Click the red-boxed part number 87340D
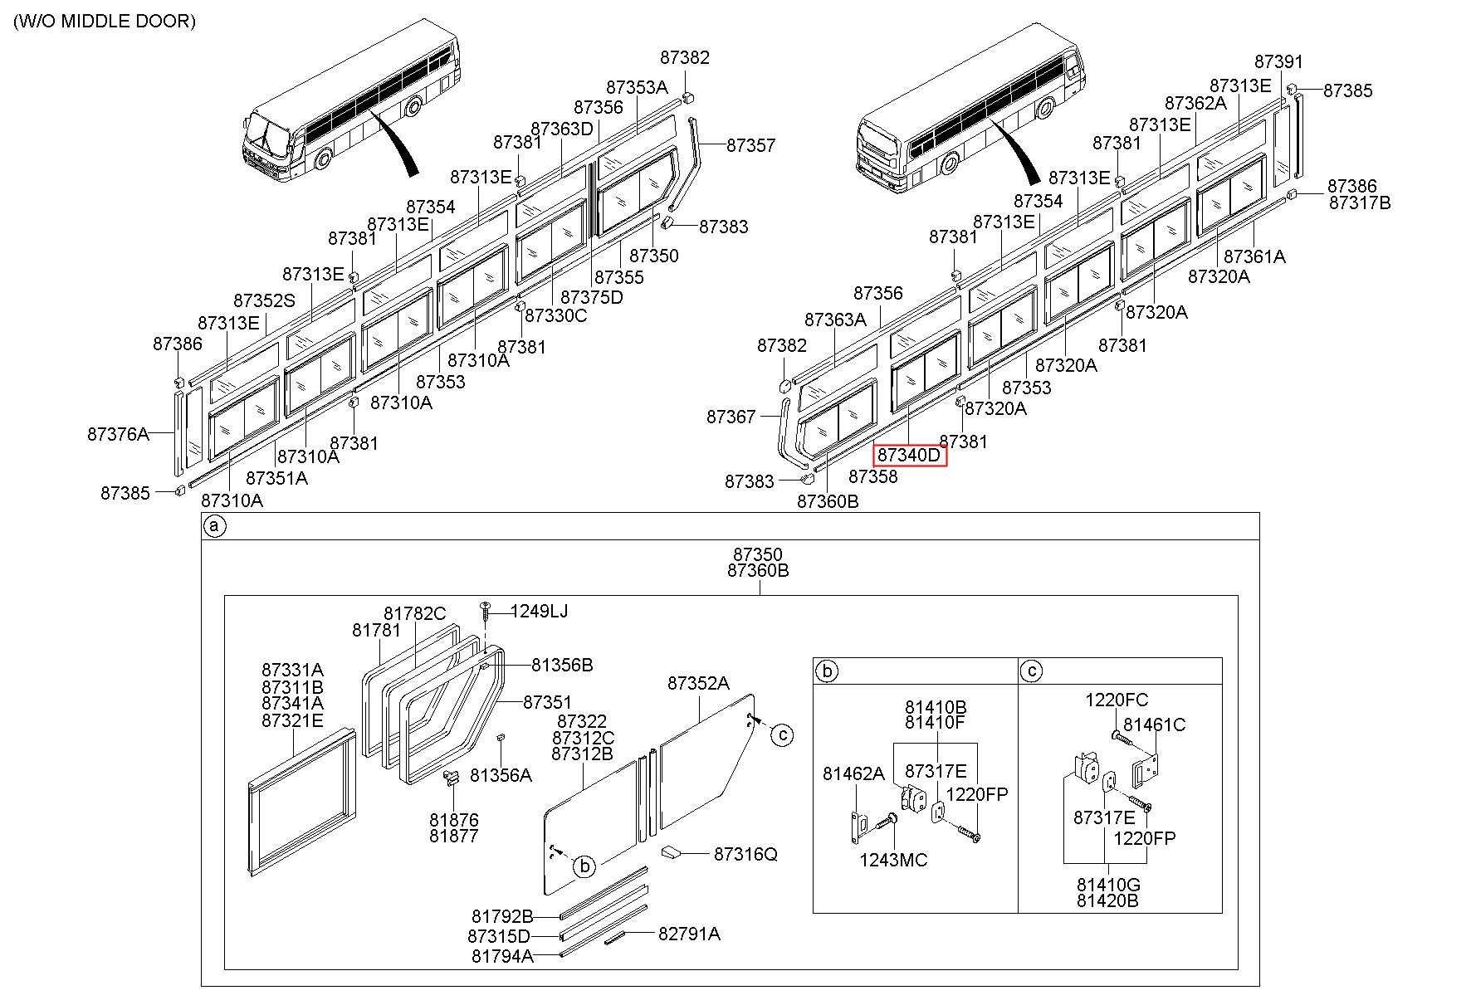909,455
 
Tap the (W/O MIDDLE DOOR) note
105,21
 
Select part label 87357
750,145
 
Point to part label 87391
1278,61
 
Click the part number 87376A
118,433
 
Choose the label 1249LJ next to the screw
539,611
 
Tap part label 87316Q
745,854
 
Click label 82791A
689,934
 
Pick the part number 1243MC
893,860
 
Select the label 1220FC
1117,700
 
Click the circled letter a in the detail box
214,526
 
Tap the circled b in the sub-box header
826,671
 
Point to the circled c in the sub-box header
1031,671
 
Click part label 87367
731,417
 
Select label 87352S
264,300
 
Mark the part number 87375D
591,297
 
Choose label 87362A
1195,103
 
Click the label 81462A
853,773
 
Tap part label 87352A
698,683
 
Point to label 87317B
1360,202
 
